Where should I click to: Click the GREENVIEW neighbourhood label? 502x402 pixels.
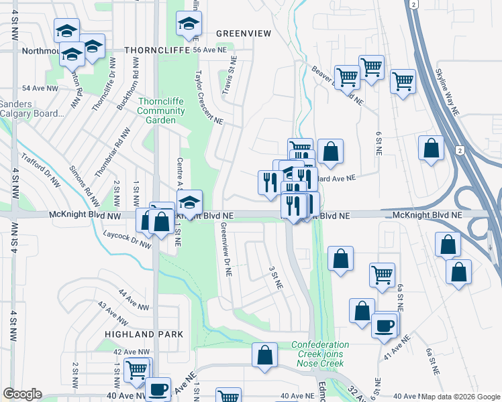tap(243, 33)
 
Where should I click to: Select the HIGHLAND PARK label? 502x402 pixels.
tap(134, 333)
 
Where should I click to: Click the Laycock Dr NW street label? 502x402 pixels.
tap(128, 239)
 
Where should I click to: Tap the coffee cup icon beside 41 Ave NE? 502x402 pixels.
tap(385, 326)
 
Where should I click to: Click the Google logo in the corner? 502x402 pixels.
tap(22, 394)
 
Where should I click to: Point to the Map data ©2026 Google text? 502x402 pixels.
tap(460, 397)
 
